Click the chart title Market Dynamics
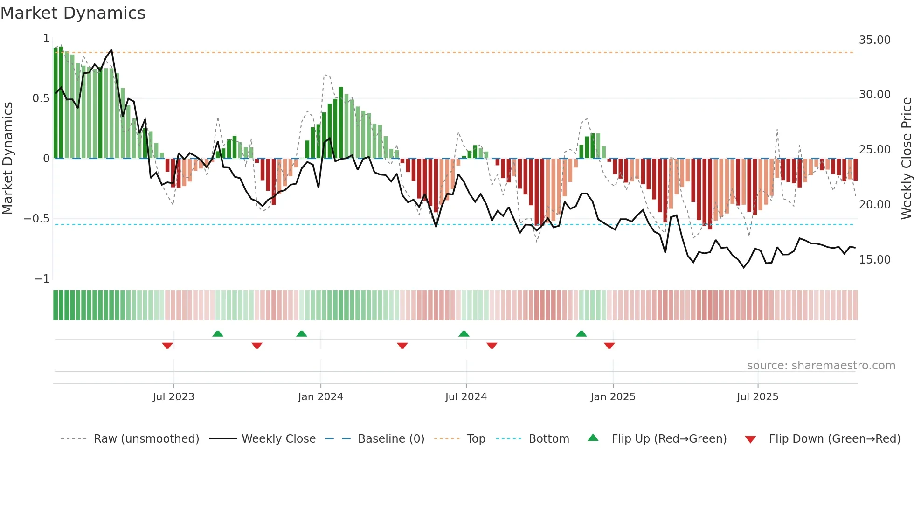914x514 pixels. tap(73, 13)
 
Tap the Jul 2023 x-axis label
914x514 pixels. tap(173, 397)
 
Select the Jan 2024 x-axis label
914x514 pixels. tap(320, 397)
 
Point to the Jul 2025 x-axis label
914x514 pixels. tap(757, 397)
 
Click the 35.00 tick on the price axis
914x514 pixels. tap(874, 40)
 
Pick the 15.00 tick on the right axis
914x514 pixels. tap(874, 260)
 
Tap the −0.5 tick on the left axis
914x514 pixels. tap(37, 219)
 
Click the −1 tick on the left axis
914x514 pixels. tap(42, 279)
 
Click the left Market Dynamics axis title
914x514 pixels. tap(8, 159)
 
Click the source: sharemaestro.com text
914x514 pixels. tap(821, 366)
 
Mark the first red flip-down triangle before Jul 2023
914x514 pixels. tap(167, 346)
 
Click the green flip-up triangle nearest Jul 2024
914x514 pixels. tap(464, 333)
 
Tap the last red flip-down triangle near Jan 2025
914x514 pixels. tap(609, 346)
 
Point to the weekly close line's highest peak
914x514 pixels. tap(111, 50)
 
